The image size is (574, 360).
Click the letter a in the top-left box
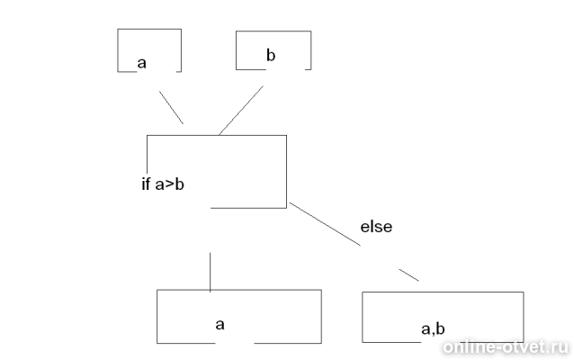click(x=141, y=63)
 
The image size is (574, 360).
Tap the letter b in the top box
click(x=271, y=55)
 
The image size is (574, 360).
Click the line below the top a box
click(x=171, y=108)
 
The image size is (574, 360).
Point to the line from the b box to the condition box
click(x=241, y=110)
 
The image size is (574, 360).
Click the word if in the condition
click(x=146, y=184)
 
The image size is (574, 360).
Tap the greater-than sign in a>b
click(x=170, y=184)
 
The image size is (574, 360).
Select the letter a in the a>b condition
click(x=160, y=185)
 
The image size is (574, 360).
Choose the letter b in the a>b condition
click(x=179, y=184)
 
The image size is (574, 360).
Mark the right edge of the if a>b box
click(x=286, y=171)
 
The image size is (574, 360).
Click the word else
click(x=376, y=227)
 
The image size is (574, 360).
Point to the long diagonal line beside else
click(x=325, y=224)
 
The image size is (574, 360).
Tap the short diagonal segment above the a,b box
click(x=408, y=275)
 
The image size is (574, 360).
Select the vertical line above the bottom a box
click(x=211, y=272)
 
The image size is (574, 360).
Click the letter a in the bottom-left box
click(x=220, y=325)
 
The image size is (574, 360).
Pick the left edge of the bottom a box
click(x=157, y=317)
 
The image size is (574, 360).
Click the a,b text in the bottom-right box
click(x=433, y=328)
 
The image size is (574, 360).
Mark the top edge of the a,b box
click(x=443, y=292)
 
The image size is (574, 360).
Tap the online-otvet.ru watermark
click(x=506, y=347)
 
